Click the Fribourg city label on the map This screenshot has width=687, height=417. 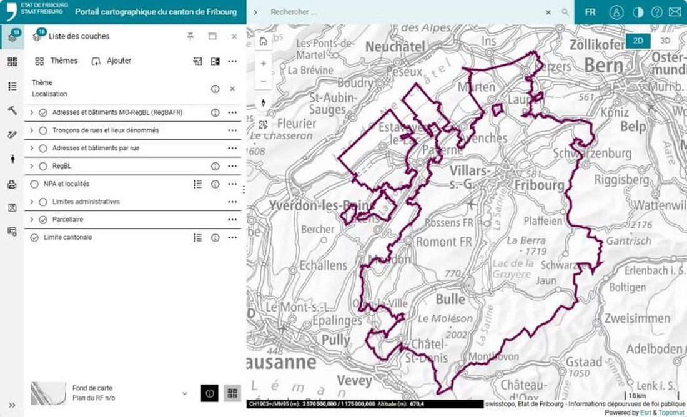(x=539, y=185)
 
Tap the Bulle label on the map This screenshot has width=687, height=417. (x=450, y=299)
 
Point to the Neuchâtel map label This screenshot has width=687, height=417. (x=395, y=47)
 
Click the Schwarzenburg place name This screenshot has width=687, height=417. (x=592, y=154)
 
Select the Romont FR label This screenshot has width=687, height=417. (x=444, y=242)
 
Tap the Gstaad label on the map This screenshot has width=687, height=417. (x=584, y=361)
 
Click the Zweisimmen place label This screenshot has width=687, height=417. (x=637, y=318)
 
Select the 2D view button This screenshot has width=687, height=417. (x=638, y=41)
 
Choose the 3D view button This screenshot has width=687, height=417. (x=665, y=41)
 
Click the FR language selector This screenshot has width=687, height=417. (x=590, y=12)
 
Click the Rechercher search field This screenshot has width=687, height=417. (x=406, y=12)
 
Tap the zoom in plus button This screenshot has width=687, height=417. (x=264, y=64)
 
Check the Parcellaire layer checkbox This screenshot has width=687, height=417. (x=43, y=220)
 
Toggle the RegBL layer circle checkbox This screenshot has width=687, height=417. (x=43, y=166)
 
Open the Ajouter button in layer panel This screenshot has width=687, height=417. (x=111, y=61)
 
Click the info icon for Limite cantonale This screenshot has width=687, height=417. (x=215, y=237)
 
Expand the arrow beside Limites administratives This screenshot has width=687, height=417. (x=32, y=202)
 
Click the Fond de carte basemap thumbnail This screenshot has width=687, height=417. (x=48, y=393)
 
